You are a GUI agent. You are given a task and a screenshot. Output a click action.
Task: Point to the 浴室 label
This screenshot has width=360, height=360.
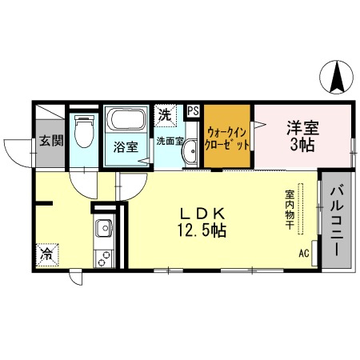126,147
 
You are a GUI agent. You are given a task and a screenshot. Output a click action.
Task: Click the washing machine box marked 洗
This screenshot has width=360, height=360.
165,114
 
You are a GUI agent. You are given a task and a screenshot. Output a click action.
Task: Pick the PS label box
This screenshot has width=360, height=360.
193,111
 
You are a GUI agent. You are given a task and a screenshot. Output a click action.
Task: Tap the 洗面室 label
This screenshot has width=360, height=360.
170,141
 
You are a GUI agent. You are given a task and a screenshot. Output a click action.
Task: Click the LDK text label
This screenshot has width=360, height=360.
205,214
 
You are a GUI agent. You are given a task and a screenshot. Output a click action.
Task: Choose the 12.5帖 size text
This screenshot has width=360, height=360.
205,231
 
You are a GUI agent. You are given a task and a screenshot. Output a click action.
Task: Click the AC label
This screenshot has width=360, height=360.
304,254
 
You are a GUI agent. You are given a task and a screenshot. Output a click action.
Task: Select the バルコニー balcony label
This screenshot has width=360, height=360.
336,217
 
